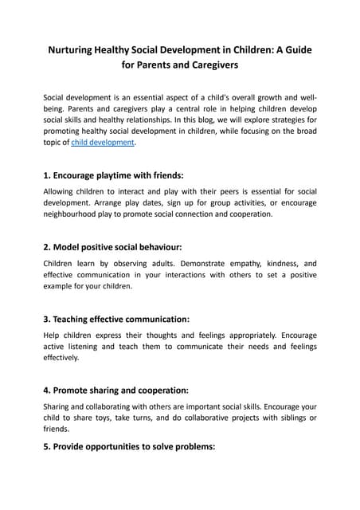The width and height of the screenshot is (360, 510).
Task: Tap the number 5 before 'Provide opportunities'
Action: pos(46,447)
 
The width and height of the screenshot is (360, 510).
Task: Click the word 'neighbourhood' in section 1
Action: pos(72,214)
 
